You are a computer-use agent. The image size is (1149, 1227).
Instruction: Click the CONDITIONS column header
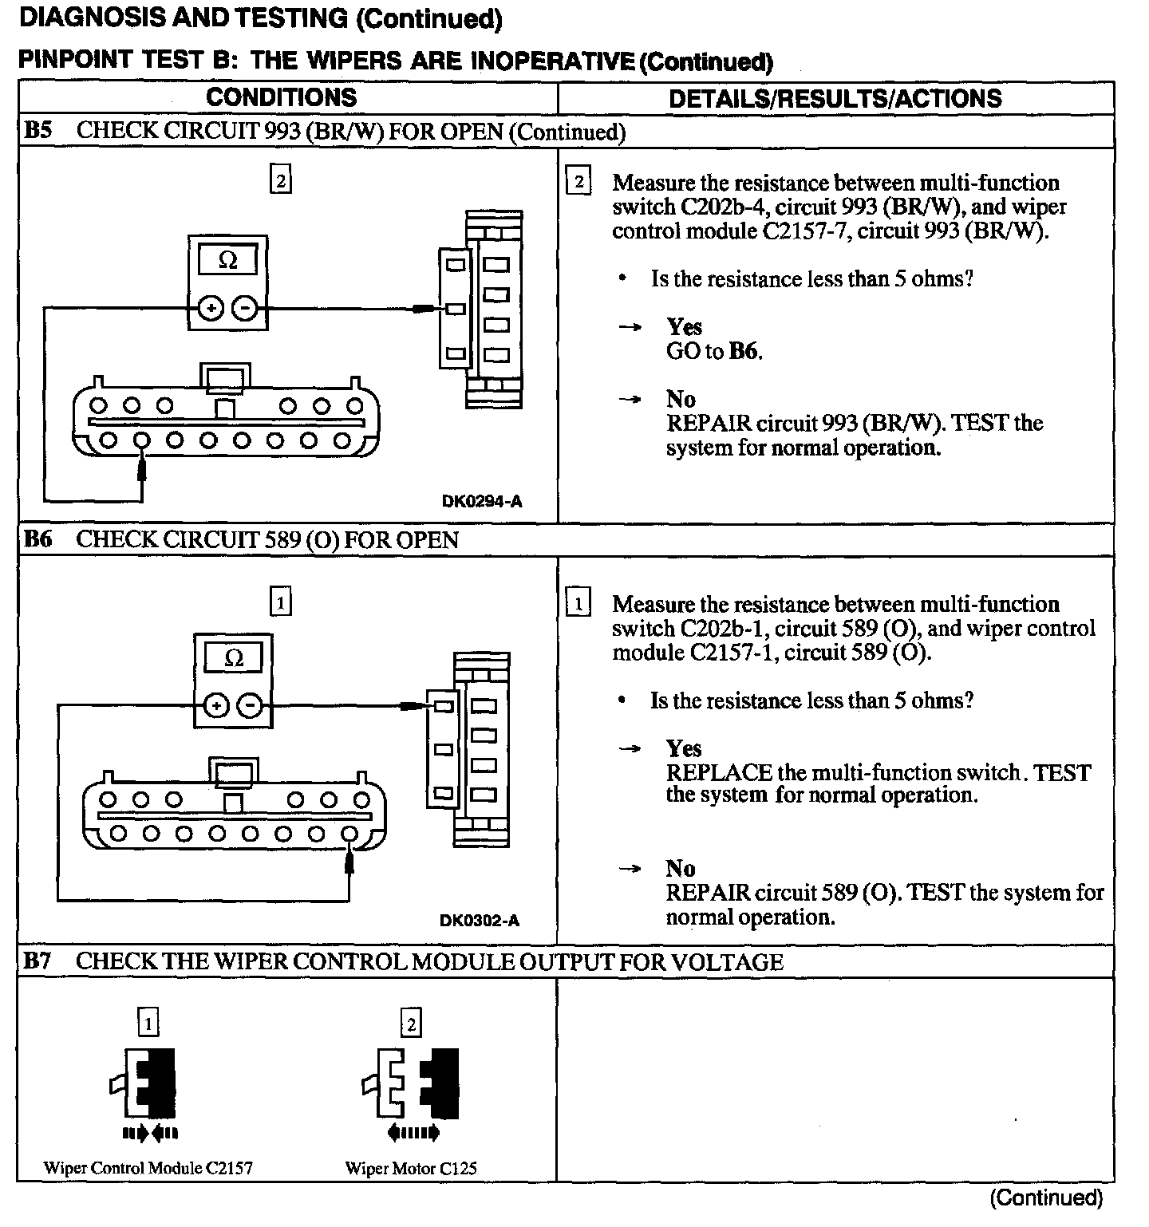coord(281,97)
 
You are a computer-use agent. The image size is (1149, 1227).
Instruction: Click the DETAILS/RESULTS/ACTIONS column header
coord(835,98)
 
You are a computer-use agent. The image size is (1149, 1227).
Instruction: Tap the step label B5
coord(38,131)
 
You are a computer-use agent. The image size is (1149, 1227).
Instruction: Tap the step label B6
coord(38,539)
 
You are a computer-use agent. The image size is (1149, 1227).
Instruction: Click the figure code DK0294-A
coord(482,502)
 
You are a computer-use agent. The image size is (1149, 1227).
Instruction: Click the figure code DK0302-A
coord(480,921)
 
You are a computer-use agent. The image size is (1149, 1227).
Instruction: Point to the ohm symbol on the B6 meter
coord(234,659)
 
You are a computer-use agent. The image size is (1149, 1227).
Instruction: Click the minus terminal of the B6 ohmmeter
coord(251,705)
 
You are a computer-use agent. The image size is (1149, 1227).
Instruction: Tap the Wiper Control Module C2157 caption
coord(148,1169)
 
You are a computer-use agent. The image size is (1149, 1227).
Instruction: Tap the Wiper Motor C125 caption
coord(411,1169)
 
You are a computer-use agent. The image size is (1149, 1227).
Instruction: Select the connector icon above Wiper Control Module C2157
coord(148,1083)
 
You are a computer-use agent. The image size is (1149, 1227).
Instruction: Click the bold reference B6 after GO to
coord(745,351)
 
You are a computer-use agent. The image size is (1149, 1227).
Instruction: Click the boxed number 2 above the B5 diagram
coord(281,180)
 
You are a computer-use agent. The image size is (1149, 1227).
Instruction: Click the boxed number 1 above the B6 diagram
coord(281,602)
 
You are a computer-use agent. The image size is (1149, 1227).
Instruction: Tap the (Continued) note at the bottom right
coord(1046,1197)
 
